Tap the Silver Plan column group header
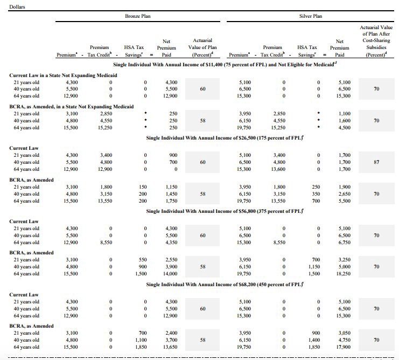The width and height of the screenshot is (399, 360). pyautogui.click(x=310, y=16)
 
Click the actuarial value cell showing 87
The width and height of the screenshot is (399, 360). pyautogui.click(x=376, y=162)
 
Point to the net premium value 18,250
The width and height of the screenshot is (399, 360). pyautogui.click(x=343, y=274)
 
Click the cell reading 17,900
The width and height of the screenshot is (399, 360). pyautogui.click(x=343, y=348)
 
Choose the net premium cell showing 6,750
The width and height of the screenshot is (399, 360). pyautogui.click(x=343, y=243)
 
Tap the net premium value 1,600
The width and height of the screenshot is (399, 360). pyautogui.click(x=345, y=121)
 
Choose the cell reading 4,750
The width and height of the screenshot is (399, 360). pyautogui.click(x=343, y=341)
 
